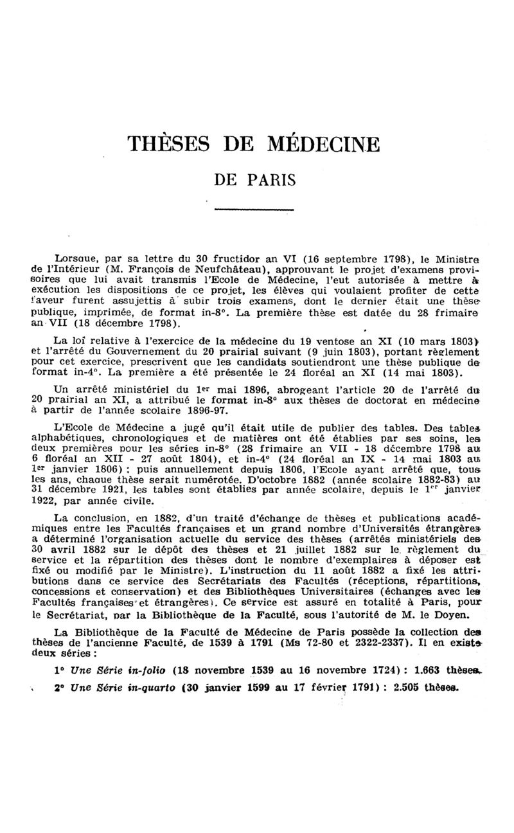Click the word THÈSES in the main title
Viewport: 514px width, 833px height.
[170, 143]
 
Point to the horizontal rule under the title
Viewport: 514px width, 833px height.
[253, 210]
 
